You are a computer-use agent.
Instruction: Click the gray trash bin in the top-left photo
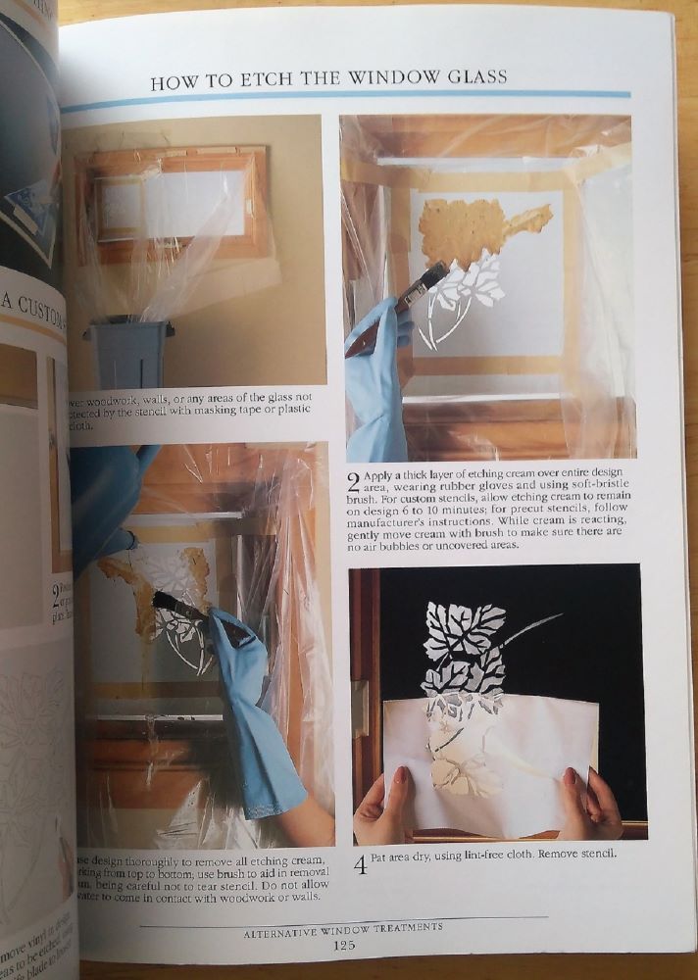[x=128, y=353]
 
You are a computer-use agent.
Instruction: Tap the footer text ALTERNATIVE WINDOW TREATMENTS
[x=343, y=926]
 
